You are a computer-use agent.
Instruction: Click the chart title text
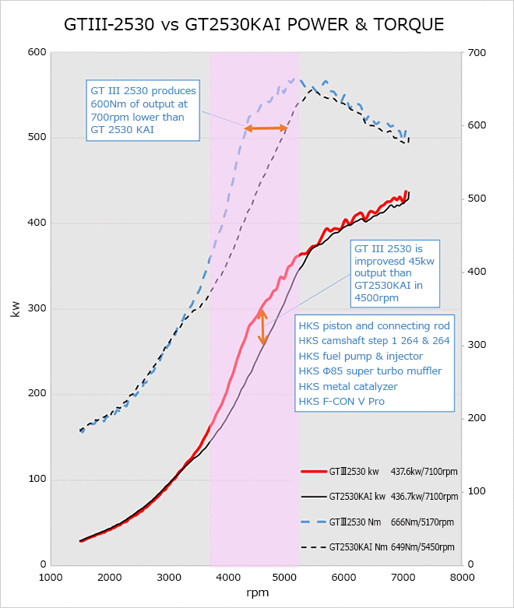click(x=254, y=25)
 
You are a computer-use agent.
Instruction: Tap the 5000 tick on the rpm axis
click(x=287, y=578)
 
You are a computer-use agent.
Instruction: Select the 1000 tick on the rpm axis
click(x=51, y=578)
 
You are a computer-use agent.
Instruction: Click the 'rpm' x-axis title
click(x=256, y=593)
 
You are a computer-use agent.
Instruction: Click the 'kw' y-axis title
click(x=15, y=310)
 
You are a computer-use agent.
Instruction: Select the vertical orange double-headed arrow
click(x=263, y=327)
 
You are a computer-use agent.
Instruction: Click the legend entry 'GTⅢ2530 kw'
click(x=354, y=471)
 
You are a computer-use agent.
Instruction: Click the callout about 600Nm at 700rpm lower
click(x=143, y=111)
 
